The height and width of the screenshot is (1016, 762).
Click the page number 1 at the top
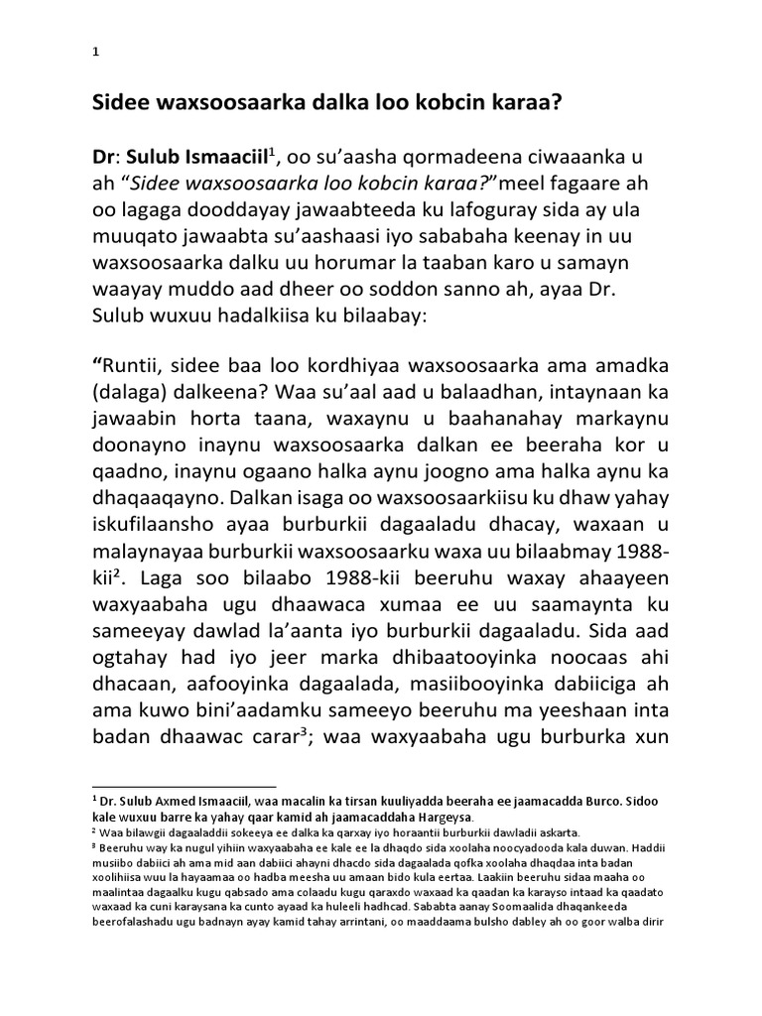pos(94,54)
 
